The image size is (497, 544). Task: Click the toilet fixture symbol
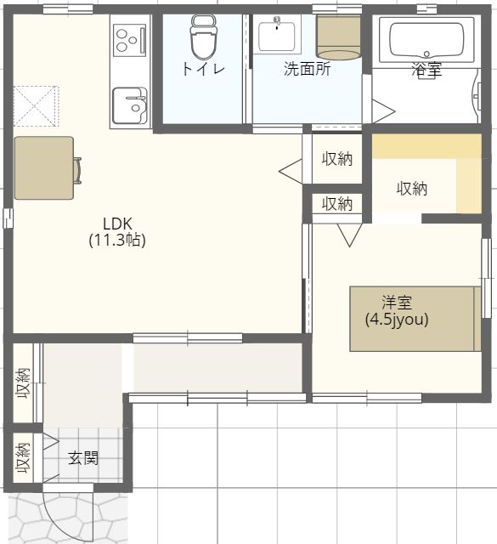tap(204, 37)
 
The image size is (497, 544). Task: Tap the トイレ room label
tap(204, 69)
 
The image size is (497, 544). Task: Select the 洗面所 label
tap(307, 69)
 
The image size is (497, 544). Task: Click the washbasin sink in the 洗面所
tap(277, 35)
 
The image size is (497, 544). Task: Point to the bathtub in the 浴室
tap(426, 40)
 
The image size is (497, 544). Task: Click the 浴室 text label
tap(426, 70)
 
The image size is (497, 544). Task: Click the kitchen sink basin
tap(130, 105)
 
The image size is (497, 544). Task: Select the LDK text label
tap(117, 224)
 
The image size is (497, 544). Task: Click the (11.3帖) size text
tap(117, 240)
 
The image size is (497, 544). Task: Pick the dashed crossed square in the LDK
tap(36, 106)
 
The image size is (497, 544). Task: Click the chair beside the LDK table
tap(77, 170)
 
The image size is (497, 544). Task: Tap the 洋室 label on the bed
tap(397, 303)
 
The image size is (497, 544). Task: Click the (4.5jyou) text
tap(397, 320)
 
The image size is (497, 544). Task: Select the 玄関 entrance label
tap(83, 458)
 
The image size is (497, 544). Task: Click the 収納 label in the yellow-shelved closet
tap(412, 189)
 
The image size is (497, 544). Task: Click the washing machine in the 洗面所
tap(339, 37)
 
